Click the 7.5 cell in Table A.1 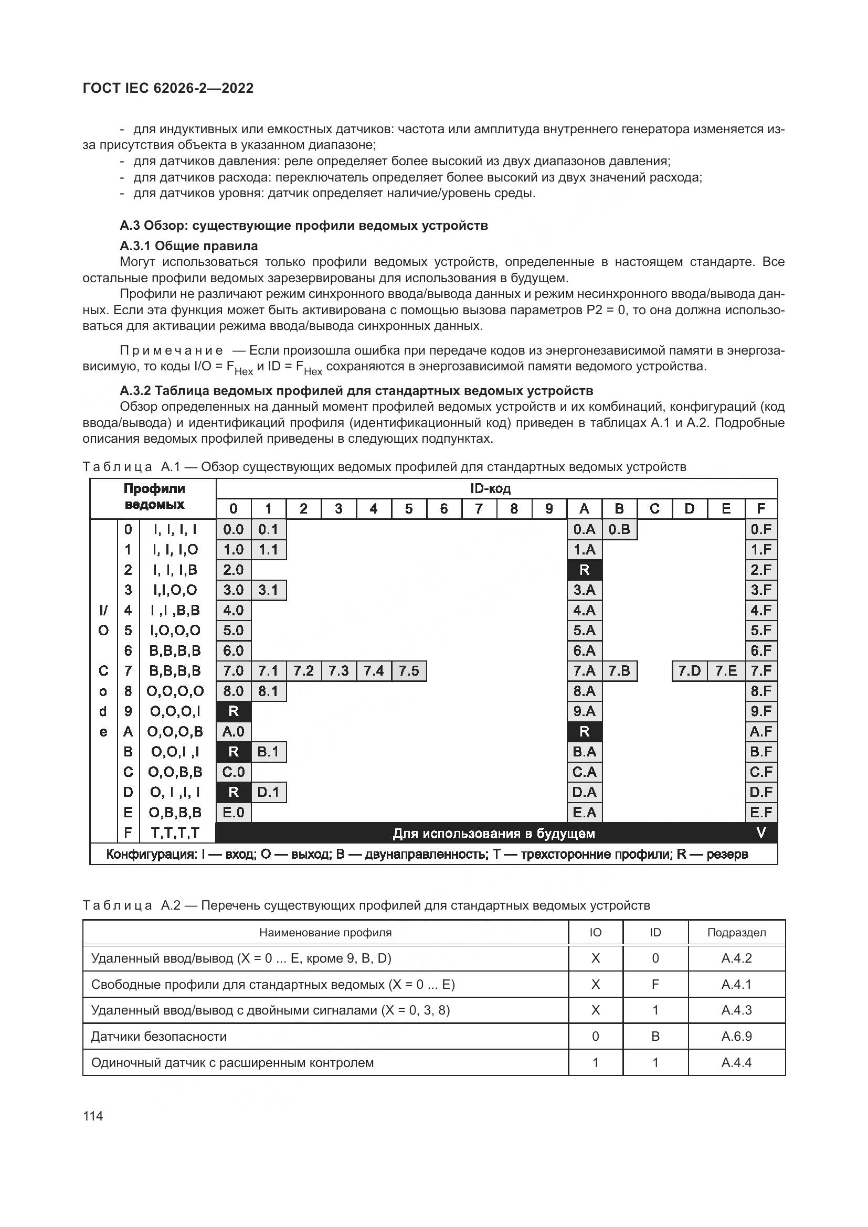tap(409, 671)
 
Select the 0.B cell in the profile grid tap(619, 529)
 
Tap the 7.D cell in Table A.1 tap(690, 671)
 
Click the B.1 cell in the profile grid tap(268, 752)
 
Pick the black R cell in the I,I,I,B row tap(584, 570)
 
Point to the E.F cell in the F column tap(761, 812)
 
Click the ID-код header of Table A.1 tap(490, 488)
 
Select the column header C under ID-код tap(654, 509)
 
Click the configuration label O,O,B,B tap(175, 772)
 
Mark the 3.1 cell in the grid tap(268, 590)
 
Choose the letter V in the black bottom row tap(761, 832)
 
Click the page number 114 tap(93, 1116)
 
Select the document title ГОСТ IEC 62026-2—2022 tap(168, 88)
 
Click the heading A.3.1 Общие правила tap(189, 246)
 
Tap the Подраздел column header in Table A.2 tap(736, 933)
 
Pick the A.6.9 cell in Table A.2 tap(736, 1037)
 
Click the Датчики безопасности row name tap(160, 1037)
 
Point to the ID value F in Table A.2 tap(655, 984)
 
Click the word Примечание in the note tap(172, 350)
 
